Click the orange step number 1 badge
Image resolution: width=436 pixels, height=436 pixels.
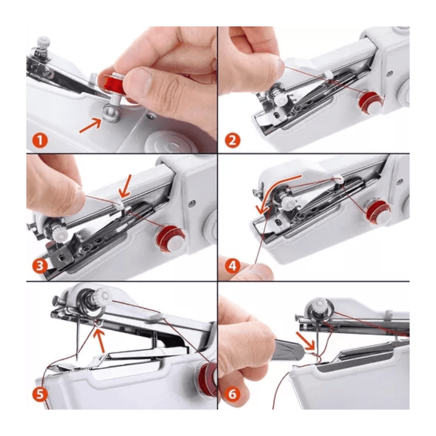pos(40,141)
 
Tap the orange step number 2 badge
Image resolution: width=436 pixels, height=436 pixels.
pos(232,141)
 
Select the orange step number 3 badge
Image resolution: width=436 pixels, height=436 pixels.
pos(40,266)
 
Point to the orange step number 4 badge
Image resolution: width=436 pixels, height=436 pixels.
pos(232,266)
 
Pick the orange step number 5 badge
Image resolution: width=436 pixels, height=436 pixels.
pos(40,394)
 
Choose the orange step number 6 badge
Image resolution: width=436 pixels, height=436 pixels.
pos(232,394)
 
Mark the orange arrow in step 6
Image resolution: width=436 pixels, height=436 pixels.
pos(305,340)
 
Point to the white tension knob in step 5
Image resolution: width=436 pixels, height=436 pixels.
pos(102,296)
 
